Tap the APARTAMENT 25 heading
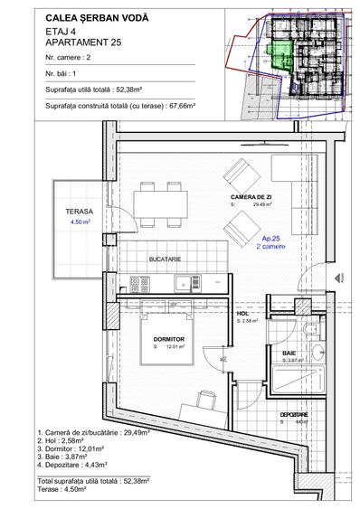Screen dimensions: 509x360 click(83, 41)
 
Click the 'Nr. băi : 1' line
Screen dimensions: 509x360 click(66, 73)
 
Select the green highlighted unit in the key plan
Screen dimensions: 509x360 click(280, 55)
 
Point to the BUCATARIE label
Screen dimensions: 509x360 click(169, 259)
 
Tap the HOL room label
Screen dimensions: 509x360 click(242, 313)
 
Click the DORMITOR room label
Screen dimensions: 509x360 click(169, 339)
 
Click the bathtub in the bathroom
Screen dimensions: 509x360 click(298, 377)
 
